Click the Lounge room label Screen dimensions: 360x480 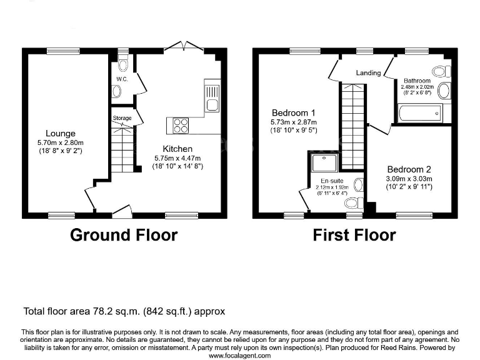pos(61,133)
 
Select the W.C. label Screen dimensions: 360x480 pos(122,79)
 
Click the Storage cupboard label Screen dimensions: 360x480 pos(122,117)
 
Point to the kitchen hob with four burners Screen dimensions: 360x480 pos(181,125)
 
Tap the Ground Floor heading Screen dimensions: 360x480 pos(124,235)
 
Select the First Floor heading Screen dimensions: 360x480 pos(354,235)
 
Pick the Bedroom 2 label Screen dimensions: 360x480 pos(409,169)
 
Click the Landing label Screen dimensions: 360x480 pos(368,73)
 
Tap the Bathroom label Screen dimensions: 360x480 pos(417,81)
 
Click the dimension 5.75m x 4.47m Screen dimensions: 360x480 pos(178,158)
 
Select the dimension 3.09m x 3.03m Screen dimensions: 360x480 pos(409,179)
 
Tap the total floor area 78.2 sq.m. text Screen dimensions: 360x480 pos(124,311)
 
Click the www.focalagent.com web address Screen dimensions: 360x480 pos(240,355)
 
